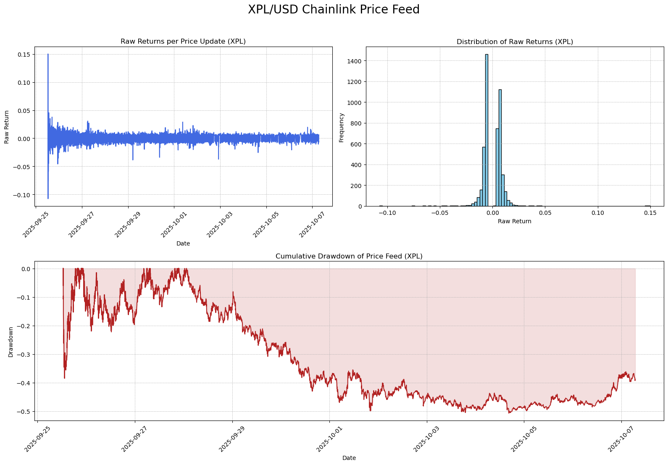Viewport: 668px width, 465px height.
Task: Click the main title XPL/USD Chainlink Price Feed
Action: [x=334, y=10]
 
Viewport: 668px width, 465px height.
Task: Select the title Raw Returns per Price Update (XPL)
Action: [x=183, y=42]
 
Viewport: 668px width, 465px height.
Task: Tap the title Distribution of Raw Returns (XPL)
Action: [x=515, y=42]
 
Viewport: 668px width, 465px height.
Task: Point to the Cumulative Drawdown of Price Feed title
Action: [x=349, y=256]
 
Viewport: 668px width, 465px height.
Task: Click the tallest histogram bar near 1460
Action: [x=487, y=130]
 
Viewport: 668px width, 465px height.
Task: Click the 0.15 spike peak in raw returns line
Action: [x=48, y=55]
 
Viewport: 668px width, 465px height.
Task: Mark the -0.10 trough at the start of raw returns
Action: [x=48, y=198]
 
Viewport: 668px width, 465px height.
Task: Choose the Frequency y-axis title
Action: [x=341, y=127]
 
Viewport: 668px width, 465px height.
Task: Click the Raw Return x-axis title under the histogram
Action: [x=515, y=221]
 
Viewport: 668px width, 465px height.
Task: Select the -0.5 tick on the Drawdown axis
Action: [x=24, y=412]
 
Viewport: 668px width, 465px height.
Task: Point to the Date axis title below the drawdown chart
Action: [x=349, y=458]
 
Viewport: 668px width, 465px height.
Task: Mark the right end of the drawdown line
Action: [x=635, y=380]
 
